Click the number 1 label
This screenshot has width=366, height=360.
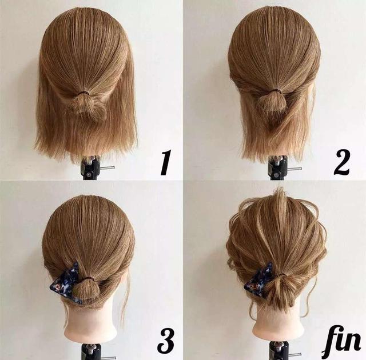coord(166,162)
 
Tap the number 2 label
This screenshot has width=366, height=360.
coord(341,162)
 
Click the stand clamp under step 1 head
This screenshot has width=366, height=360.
coord(91,167)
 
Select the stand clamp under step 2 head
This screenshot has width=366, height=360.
coord(279,168)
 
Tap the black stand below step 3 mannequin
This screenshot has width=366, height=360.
coord(91,351)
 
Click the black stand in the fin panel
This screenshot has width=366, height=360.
coord(280,351)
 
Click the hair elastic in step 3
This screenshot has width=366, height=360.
coord(87,278)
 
